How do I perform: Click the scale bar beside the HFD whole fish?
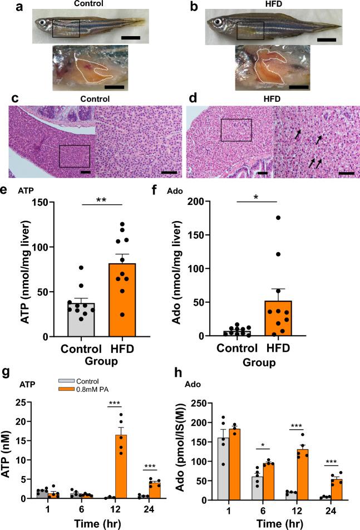327,40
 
